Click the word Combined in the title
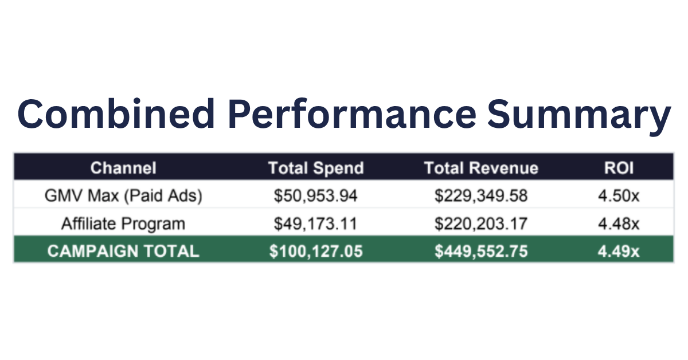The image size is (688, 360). (116, 114)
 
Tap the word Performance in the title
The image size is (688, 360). (352, 114)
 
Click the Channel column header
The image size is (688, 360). (123, 168)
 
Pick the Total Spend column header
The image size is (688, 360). (316, 169)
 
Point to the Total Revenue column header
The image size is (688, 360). (481, 168)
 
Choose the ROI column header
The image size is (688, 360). (619, 168)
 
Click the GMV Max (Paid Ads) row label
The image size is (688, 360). (123, 195)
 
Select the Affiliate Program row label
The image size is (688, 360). (123, 224)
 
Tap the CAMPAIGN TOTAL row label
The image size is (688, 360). (123, 251)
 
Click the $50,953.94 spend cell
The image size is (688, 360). (316, 196)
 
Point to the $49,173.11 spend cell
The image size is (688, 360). (316, 224)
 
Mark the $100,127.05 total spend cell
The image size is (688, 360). (316, 251)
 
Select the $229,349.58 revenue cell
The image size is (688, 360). (481, 196)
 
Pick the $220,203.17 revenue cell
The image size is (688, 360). (481, 224)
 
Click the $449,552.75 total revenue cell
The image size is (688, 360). (481, 251)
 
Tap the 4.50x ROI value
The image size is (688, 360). (619, 195)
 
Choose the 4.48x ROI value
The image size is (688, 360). (619, 224)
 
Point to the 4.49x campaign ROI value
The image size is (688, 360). (619, 251)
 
